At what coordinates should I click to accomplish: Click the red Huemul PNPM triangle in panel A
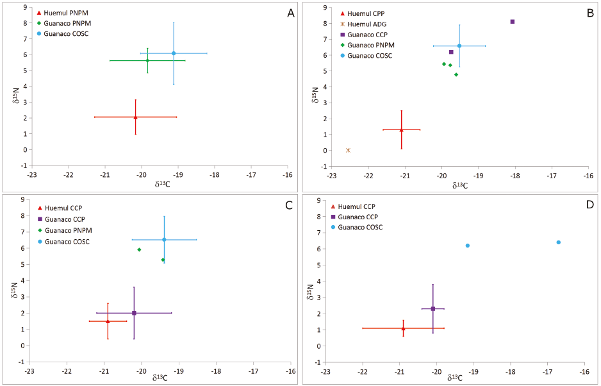pyautogui.click(x=135, y=117)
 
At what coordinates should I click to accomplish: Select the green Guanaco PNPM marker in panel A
pyautogui.click(x=147, y=60)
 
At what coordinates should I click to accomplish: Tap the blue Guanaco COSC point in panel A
pyautogui.click(x=174, y=53)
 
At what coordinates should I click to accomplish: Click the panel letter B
pyautogui.click(x=589, y=13)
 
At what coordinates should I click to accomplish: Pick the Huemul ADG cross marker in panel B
pyautogui.click(x=348, y=150)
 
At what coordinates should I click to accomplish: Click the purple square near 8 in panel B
pyautogui.click(x=513, y=22)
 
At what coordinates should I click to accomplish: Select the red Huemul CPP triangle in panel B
pyautogui.click(x=401, y=130)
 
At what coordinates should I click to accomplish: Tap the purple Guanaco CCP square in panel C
pyautogui.click(x=134, y=313)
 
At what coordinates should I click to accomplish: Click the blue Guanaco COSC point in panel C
pyautogui.click(x=164, y=240)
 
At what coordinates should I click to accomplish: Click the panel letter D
pyautogui.click(x=589, y=205)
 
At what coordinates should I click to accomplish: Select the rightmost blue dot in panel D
pyautogui.click(x=559, y=242)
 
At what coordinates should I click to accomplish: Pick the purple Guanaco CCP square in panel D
pyautogui.click(x=433, y=308)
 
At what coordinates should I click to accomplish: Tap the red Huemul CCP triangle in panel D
pyautogui.click(x=403, y=328)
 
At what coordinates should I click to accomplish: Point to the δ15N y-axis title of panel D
pyautogui.click(x=309, y=289)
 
